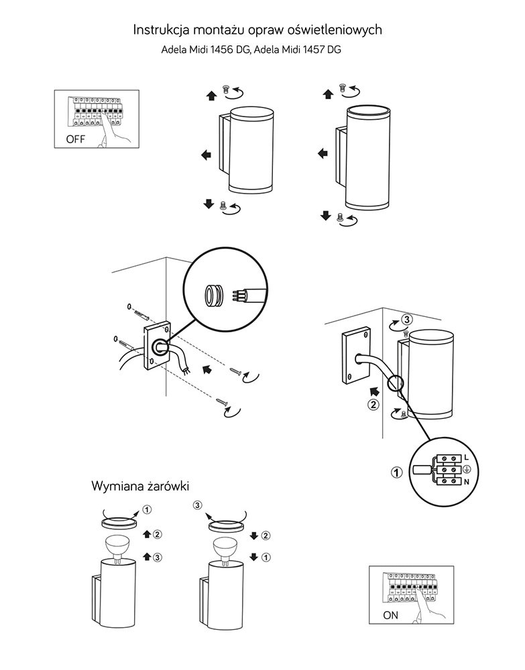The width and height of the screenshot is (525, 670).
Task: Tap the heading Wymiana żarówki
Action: tap(145, 486)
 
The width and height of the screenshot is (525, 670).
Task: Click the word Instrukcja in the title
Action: tap(162, 29)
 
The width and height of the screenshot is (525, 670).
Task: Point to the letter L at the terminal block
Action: tap(467, 457)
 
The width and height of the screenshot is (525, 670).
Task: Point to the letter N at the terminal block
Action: tap(467, 482)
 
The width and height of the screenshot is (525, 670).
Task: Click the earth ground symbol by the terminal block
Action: tap(467, 469)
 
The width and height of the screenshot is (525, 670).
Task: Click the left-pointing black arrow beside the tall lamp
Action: tap(323, 153)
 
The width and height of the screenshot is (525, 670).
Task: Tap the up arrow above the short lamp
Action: tap(213, 96)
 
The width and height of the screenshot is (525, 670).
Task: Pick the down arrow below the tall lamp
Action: tap(326, 215)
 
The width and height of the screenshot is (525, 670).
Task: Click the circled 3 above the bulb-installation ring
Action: tap(197, 505)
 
